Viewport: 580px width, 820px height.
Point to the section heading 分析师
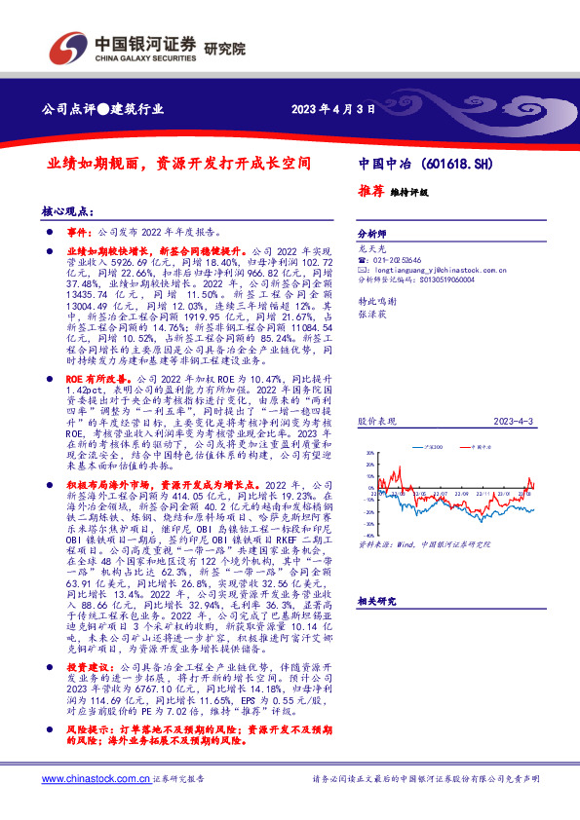371,235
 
